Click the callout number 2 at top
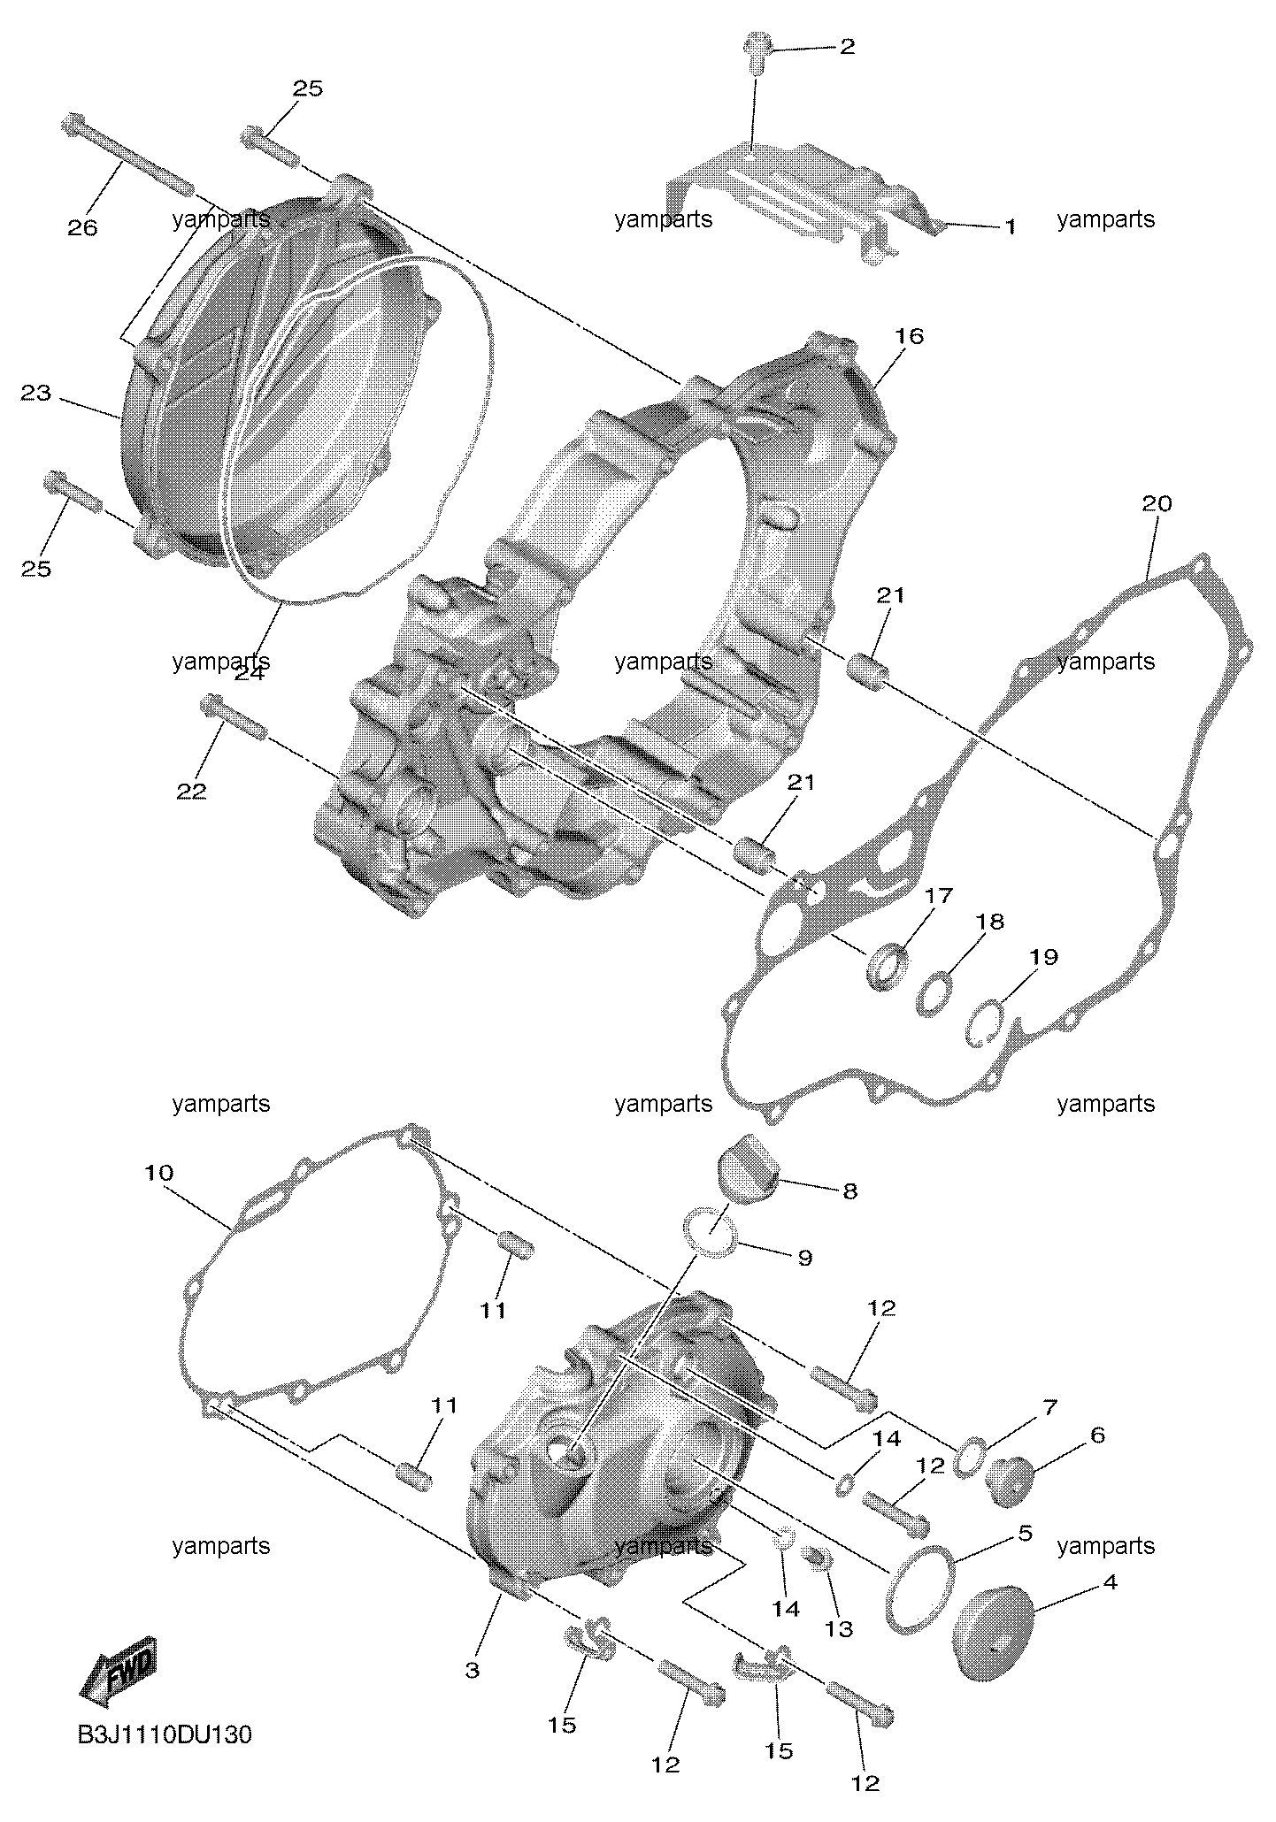tap(847, 47)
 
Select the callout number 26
tap(82, 227)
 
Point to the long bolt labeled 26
tap(127, 156)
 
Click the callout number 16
tap(909, 336)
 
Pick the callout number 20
tap(1157, 503)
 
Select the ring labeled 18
tap(936, 993)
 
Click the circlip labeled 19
tap(982, 1023)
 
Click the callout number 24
tap(250, 673)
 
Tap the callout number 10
tap(159, 1173)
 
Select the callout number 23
tap(36, 394)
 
